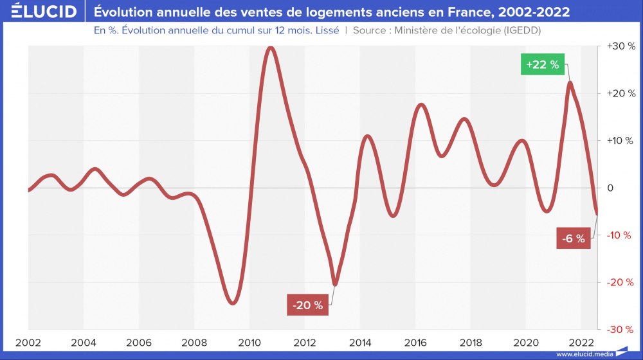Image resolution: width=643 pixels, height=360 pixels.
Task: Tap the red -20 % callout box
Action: point(307,305)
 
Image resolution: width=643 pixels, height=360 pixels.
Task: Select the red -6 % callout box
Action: point(573,239)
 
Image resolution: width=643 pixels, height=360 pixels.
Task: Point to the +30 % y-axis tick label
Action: point(621,46)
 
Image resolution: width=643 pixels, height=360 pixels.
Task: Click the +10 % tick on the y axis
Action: point(621,141)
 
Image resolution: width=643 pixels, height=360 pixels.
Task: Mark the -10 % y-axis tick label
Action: point(622,235)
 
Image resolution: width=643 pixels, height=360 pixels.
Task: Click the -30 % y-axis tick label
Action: point(622,329)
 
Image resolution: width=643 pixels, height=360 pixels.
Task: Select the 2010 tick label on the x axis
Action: point(249,343)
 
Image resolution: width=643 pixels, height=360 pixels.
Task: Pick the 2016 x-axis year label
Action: point(416,343)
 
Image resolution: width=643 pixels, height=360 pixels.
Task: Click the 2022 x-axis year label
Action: point(582,343)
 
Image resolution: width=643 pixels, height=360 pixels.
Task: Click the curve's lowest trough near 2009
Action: point(233,302)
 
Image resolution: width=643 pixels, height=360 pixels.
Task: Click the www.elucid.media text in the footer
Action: point(584,354)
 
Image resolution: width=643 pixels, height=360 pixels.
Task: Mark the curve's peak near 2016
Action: point(421,104)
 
